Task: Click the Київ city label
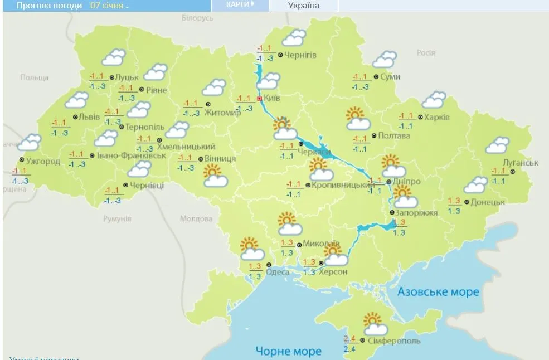pyautogui.click(x=272, y=98)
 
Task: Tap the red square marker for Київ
pyautogui.click(x=259, y=98)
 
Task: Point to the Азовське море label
pyautogui.click(x=438, y=292)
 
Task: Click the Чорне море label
pyautogui.click(x=288, y=351)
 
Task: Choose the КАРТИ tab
pyautogui.click(x=240, y=4)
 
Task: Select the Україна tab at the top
pyautogui.click(x=304, y=6)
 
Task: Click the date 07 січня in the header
pyautogui.click(x=109, y=6)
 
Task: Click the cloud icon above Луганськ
pyautogui.click(x=497, y=145)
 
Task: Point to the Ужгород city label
pyautogui.click(x=43, y=162)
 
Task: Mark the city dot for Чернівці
pyautogui.click(x=125, y=185)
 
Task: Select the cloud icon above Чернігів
pyautogui.click(x=294, y=38)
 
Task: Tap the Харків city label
pyautogui.click(x=437, y=117)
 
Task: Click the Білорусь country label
pyautogui.click(x=197, y=18)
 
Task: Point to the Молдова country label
pyautogui.click(x=196, y=218)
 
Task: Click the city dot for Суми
pyautogui.click(x=376, y=77)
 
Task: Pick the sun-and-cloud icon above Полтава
pyautogui.click(x=357, y=119)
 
